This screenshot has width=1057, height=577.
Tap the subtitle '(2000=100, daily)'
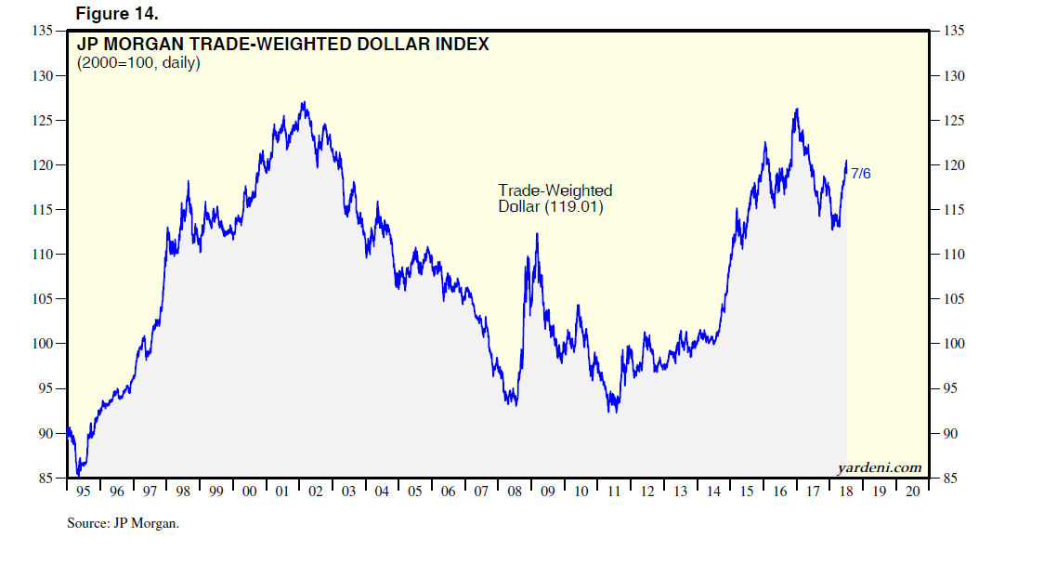[137, 64]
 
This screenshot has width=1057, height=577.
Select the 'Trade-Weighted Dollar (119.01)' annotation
[555, 199]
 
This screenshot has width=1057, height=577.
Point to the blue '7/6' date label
[861, 174]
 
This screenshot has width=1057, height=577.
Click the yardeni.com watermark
[879, 466]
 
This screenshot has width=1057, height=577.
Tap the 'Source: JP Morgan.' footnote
[123, 523]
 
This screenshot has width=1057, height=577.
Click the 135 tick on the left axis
[42, 31]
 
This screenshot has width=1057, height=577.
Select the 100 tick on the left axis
[42, 344]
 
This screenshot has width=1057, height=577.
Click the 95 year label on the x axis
[84, 492]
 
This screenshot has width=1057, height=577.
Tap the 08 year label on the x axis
[514, 492]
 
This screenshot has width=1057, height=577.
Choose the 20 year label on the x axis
[911, 492]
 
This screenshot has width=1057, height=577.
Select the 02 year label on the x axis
[315, 492]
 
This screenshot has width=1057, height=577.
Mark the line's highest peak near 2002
[304, 102]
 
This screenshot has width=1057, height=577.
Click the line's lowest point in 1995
[79, 475]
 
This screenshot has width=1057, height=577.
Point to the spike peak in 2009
[537, 233]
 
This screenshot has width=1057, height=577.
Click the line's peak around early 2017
[797, 109]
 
